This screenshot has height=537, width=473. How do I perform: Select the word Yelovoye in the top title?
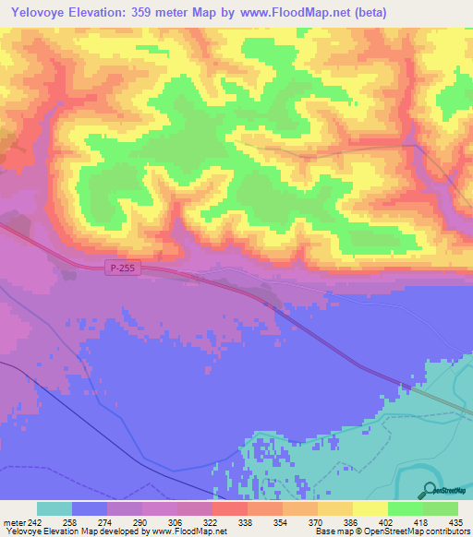(40, 12)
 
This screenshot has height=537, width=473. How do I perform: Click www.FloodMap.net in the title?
(290, 12)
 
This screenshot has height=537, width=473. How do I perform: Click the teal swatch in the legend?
(55, 508)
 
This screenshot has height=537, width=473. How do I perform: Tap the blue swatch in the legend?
(90, 508)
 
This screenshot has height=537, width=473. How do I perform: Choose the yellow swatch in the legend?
(370, 508)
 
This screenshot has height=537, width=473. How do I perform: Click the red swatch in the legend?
(229, 508)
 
